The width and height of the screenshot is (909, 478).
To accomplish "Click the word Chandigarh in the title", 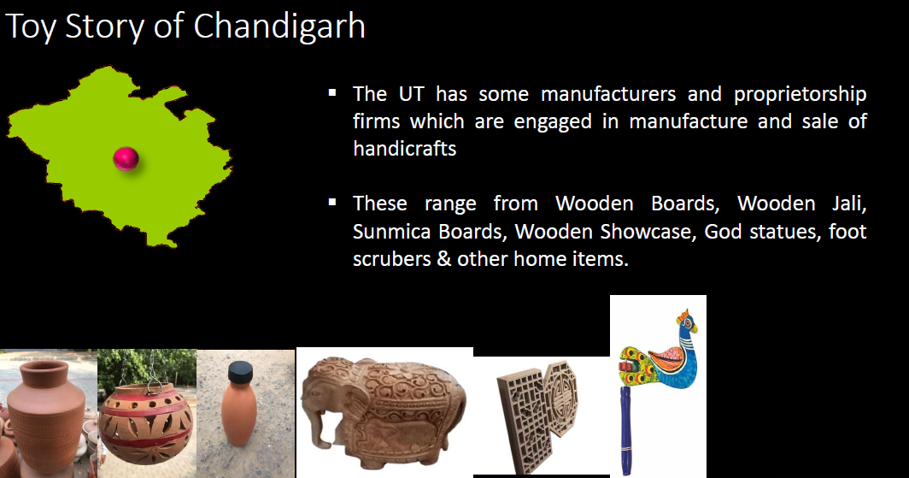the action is point(279,27).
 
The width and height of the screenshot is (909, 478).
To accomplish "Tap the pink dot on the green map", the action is point(126,158).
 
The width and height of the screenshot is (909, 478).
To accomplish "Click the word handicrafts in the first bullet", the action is point(405,149).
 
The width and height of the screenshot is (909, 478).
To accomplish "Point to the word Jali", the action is point(849,204).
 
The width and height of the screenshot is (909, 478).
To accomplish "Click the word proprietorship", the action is point(800,95).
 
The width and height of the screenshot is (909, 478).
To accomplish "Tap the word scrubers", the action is point(392,259).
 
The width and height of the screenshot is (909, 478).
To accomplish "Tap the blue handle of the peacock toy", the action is point(625,429).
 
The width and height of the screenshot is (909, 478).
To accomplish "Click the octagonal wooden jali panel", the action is point(561,398).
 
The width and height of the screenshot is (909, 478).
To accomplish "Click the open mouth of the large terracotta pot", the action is point(44,368).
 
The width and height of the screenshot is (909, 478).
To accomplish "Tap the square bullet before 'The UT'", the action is point(332,92).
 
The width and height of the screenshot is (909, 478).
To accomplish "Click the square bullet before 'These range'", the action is point(332,202).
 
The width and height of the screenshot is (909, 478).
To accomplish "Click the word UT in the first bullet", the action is point(412,94).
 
